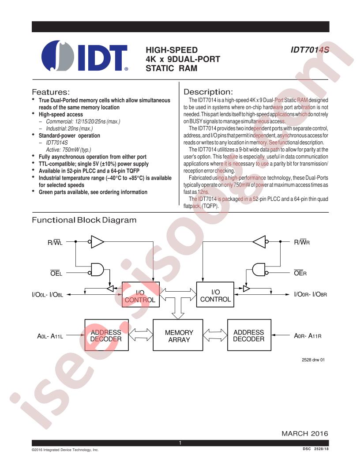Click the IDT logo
tap(85, 56)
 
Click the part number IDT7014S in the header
tap(310, 49)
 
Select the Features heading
tap(51, 92)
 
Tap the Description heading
tap(208, 92)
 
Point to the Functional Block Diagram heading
tap(84, 220)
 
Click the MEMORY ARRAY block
tap(178, 335)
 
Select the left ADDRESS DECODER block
tap(107, 335)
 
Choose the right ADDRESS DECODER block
tap(249, 335)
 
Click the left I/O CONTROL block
tap(141, 294)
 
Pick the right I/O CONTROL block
tap(215, 294)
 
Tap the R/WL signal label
tap(55, 243)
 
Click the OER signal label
tap(300, 273)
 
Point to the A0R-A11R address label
tap(308, 336)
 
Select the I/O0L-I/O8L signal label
tap(48, 295)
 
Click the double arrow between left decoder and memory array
tap(141, 334)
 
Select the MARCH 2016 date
tap(305, 434)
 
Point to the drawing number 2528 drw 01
tap(313, 360)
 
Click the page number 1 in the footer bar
tap(180, 443)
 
